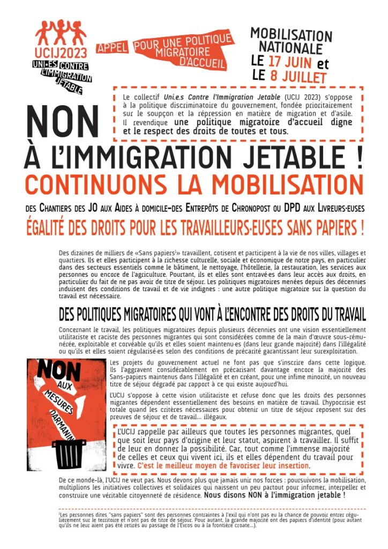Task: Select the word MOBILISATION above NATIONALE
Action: coord(291,35)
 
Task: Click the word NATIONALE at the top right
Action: coord(289,48)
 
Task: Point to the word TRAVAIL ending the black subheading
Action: coord(346,314)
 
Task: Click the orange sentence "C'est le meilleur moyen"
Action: coord(223,465)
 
